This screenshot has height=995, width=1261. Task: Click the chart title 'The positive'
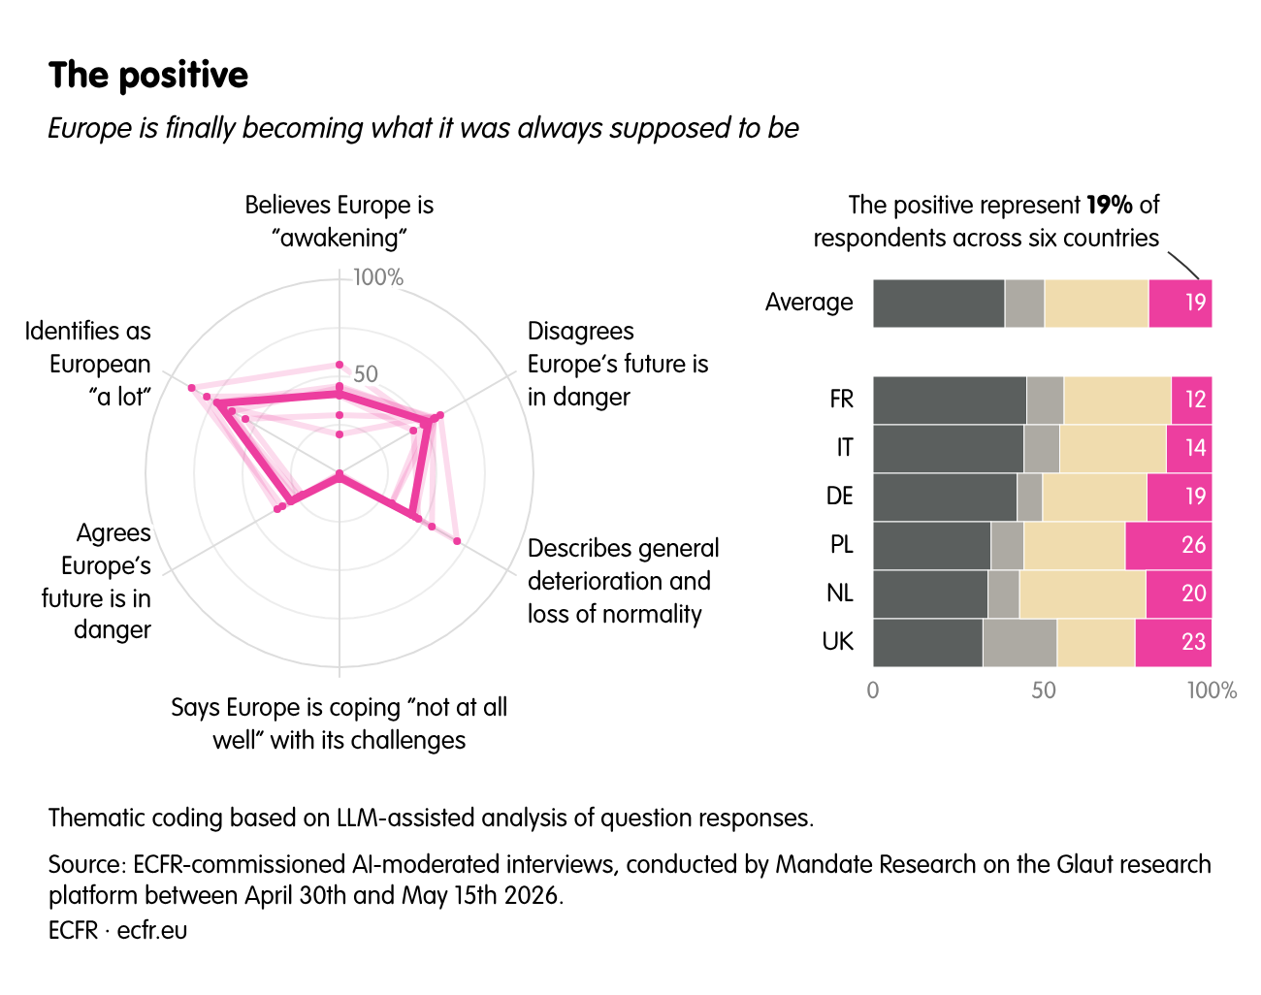point(148,76)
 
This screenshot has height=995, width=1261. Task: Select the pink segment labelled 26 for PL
point(1169,546)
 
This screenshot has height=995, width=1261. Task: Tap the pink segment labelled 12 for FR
point(1191,400)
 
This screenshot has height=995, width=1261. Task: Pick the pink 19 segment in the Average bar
point(1180,303)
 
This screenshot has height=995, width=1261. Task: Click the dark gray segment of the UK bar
point(927,643)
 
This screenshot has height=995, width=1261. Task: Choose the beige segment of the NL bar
point(1083,594)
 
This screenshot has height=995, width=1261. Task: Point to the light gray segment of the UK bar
point(1019,643)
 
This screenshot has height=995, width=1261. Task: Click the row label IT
point(844,448)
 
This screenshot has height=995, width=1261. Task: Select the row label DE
point(840,497)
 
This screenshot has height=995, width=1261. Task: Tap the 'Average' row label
point(809,303)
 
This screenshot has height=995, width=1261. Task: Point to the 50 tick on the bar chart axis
point(1044,690)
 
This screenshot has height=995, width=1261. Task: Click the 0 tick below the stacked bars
point(873,690)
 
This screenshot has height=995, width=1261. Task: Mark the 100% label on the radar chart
point(378,277)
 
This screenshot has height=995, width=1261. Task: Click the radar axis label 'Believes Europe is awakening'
point(339,221)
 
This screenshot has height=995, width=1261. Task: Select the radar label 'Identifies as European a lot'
point(88,364)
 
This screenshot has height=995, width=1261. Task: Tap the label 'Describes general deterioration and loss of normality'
point(623,581)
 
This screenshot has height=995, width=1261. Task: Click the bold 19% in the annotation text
point(1110,205)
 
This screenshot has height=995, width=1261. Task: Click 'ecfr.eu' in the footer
point(151,931)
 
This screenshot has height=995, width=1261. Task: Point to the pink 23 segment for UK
point(1174,643)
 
